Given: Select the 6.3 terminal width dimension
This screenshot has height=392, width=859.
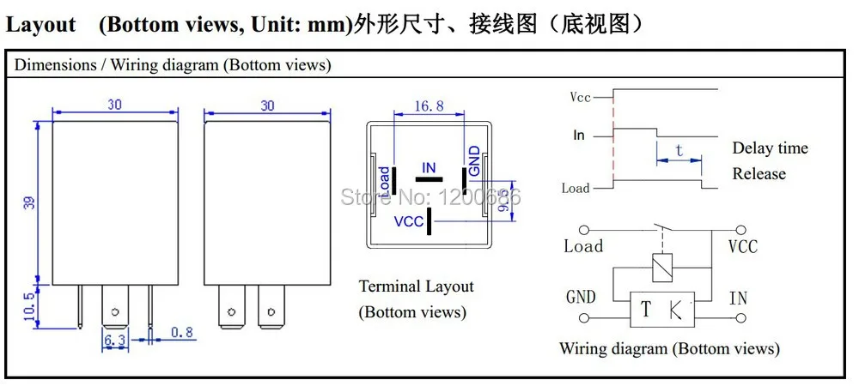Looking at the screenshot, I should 115,341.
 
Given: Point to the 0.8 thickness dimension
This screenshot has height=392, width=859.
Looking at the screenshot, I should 180,332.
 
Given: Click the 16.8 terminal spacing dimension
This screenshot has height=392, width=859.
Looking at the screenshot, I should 429,106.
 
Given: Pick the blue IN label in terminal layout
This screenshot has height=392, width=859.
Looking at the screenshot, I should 429,167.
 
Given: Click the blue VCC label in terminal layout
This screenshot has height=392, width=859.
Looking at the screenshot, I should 409,222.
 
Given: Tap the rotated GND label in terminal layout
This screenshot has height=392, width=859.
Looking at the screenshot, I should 475,160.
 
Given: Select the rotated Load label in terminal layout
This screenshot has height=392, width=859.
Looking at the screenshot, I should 384,179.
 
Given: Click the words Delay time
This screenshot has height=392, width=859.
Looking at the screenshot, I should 770,148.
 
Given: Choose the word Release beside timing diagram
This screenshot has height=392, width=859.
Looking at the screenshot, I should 758,174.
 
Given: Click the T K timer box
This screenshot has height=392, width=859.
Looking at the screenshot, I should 662,309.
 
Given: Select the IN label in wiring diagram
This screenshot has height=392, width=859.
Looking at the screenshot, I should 738,299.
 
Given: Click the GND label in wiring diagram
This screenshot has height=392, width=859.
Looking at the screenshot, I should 582,298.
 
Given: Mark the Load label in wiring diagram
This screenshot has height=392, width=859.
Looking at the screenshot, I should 583,247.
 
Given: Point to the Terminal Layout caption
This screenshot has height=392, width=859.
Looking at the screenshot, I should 416,286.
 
